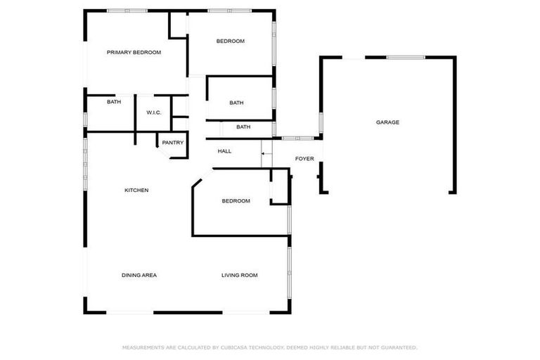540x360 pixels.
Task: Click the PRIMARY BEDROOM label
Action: click(x=134, y=52)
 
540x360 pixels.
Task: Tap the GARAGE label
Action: click(x=387, y=122)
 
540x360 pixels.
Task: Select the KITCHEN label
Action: click(x=136, y=191)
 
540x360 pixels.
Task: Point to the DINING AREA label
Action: click(x=139, y=275)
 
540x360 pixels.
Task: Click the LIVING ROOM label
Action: click(x=240, y=275)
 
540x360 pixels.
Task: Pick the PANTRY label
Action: click(x=173, y=143)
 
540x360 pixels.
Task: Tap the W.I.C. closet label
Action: click(x=154, y=112)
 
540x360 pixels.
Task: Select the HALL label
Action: click(x=225, y=151)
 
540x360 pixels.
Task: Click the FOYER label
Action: click(x=304, y=159)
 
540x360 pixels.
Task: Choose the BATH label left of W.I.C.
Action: click(x=114, y=102)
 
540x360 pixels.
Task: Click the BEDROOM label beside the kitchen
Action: click(x=236, y=201)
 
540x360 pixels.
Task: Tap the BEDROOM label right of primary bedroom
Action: click(x=230, y=41)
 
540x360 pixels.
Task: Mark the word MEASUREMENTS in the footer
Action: click(x=143, y=347)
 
